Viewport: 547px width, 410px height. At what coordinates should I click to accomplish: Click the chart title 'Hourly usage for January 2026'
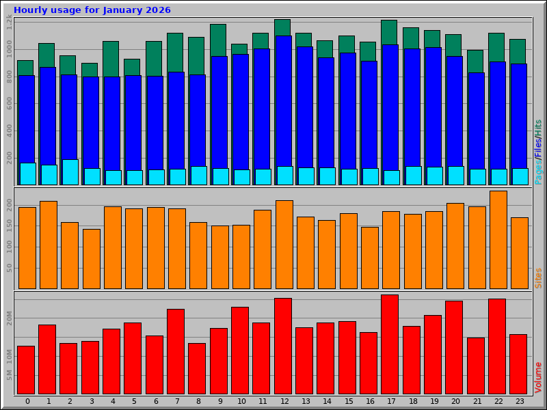pyautogui.click(x=92, y=10)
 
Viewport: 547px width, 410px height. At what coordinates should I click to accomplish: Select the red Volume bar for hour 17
pyautogui.click(x=390, y=344)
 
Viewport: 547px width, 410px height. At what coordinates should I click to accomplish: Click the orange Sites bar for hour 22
pyautogui.click(x=498, y=240)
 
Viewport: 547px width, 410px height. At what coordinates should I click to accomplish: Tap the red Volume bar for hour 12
pyautogui.click(x=283, y=346)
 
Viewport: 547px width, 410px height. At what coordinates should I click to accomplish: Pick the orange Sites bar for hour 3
pyautogui.click(x=92, y=259)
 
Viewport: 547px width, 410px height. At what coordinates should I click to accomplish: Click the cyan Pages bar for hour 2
pyautogui.click(x=70, y=172)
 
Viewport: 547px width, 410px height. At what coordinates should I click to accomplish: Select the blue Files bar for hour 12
pyautogui.click(x=283, y=102)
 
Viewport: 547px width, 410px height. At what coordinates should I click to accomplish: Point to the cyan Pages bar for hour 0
pyautogui.click(x=27, y=174)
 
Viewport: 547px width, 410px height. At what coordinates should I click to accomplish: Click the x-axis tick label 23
pyautogui.click(x=520, y=401)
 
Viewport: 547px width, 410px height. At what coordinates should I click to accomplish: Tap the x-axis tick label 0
pyautogui.click(x=27, y=401)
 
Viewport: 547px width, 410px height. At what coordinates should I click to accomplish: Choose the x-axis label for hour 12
pyautogui.click(x=283, y=401)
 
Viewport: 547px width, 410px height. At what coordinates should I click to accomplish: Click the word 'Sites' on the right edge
pyautogui.click(x=538, y=277)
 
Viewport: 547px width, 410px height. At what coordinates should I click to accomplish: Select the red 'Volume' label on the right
pyautogui.click(x=538, y=377)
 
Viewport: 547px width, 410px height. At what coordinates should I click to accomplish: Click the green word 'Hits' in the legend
pyautogui.click(x=538, y=127)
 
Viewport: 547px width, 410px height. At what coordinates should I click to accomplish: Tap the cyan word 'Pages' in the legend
pyautogui.click(x=538, y=172)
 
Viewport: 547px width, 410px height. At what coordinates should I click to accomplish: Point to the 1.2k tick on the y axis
pyautogui.click(x=9, y=23)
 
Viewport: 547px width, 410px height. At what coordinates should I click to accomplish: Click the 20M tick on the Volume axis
pyautogui.click(x=9, y=318)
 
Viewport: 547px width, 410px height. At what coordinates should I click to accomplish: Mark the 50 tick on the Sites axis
pyautogui.click(x=9, y=267)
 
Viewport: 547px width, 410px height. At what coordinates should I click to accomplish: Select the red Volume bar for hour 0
pyautogui.click(x=26, y=370)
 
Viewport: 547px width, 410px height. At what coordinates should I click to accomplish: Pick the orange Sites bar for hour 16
pyautogui.click(x=369, y=258)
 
